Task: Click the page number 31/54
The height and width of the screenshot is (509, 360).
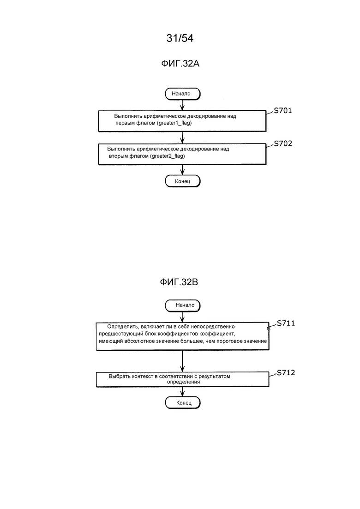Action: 180,38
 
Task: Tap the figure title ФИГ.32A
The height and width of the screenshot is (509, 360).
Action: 180,64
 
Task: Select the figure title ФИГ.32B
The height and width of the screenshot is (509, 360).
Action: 179,282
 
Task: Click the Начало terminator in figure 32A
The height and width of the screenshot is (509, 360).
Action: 182,94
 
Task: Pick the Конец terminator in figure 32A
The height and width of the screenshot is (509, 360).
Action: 182,181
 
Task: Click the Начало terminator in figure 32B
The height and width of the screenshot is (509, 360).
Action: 183,305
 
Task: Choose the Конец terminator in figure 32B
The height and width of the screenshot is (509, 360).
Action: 183,403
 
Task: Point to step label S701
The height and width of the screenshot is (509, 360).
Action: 283,111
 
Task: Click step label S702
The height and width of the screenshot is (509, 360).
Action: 283,144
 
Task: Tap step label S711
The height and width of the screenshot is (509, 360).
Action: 286,323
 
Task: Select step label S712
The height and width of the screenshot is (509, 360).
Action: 286,373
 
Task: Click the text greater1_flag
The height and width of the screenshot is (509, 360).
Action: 174,123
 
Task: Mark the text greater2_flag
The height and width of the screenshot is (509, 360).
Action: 168,156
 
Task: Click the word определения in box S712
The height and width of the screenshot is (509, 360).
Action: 183,382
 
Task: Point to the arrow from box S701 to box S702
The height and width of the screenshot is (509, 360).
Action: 182,138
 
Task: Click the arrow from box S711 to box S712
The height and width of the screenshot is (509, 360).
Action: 182,361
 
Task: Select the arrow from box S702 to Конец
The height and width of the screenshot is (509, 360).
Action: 182,170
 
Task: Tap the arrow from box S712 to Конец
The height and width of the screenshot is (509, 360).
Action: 182,392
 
